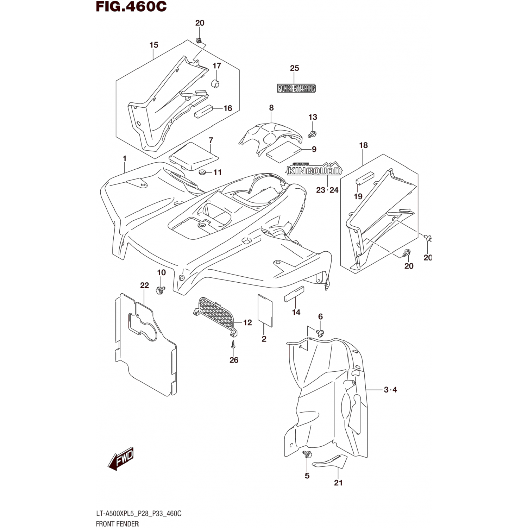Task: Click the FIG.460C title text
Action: point(131,7)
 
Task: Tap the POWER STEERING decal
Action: point(296,88)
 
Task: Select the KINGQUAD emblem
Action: point(313,170)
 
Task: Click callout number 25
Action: point(294,68)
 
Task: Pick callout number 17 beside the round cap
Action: point(217,66)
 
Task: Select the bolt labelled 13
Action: point(311,134)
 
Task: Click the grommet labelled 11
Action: point(202,172)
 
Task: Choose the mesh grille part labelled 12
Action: point(215,314)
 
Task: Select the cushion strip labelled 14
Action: point(294,294)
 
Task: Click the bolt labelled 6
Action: point(320,332)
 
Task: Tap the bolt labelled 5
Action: point(307,454)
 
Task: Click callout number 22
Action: point(144,285)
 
